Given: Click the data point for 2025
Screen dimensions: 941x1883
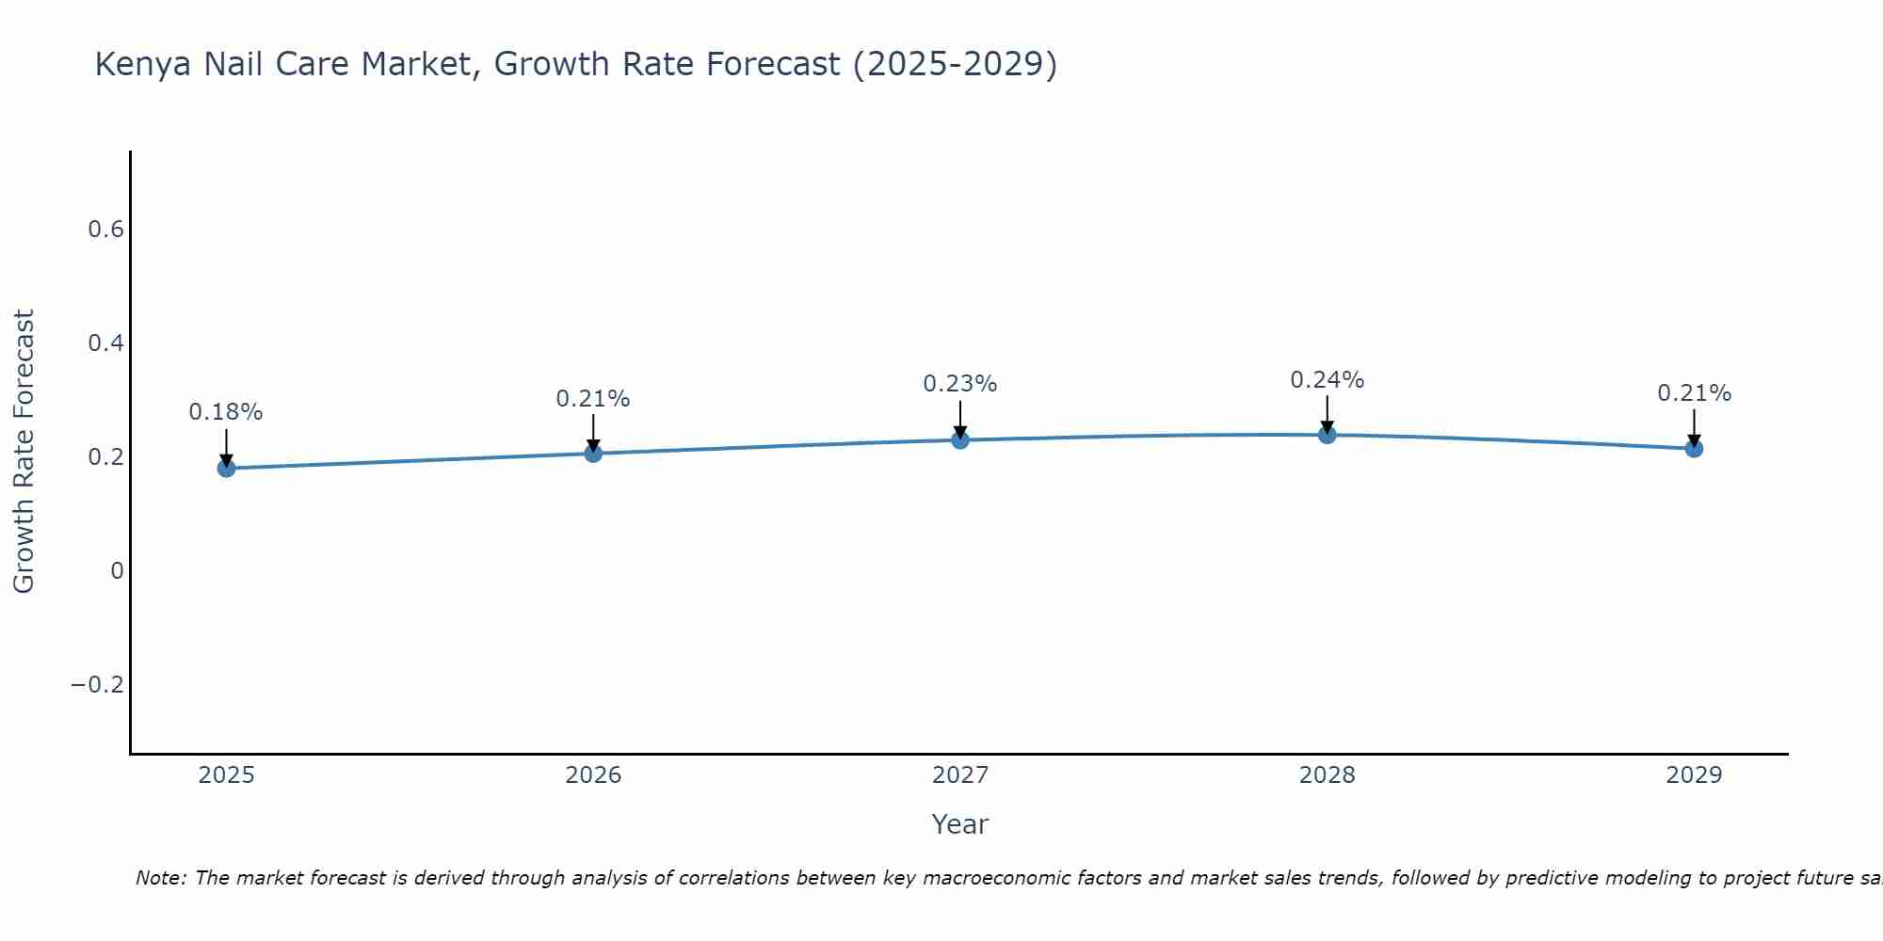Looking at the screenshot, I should click(226, 468).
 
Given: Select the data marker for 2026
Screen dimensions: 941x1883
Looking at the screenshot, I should click(593, 454).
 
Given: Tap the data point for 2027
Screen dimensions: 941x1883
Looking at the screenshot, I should click(960, 439).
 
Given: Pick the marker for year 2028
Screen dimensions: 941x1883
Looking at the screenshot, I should click(1327, 435).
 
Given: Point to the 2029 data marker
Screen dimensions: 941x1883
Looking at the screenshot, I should click(1694, 449).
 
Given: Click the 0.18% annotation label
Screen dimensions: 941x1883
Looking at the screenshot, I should click(226, 412).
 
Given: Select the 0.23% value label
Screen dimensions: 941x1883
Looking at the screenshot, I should click(959, 384).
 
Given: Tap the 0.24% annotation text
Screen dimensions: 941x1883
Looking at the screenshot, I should click(1327, 380).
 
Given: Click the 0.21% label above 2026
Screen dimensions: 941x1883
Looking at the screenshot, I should click(592, 399).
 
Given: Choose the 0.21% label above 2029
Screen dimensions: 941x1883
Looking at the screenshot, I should click(1694, 393).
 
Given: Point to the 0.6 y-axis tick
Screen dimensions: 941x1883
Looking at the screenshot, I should click(105, 230).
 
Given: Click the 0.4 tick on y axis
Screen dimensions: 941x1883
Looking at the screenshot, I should click(105, 343).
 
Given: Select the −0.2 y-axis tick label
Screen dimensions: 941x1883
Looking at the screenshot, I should click(97, 684).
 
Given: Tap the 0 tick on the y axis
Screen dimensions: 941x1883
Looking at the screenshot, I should click(117, 570).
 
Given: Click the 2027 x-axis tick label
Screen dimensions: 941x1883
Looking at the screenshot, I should click(959, 775).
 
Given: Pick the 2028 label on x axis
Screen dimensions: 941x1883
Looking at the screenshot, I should click(1327, 775).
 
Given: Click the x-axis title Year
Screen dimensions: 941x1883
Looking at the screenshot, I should click(959, 824).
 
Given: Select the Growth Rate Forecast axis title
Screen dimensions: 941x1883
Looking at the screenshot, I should click(24, 452).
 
